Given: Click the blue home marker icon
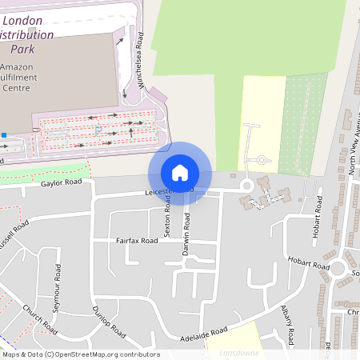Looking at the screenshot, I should click(180, 173).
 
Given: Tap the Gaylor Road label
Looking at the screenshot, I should click(62, 183).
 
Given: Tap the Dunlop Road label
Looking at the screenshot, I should click(109, 321).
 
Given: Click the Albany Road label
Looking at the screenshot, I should click(290, 319).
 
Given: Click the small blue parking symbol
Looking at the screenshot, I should click(98, 129).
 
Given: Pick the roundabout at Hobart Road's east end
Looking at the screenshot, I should click(338, 268).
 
